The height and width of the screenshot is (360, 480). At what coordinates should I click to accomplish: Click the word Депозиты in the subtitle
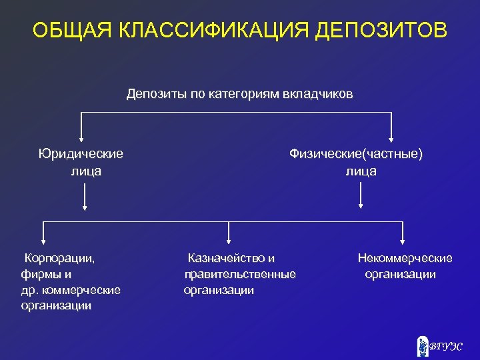(x=157, y=94)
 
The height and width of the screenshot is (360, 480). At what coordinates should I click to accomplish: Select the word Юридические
(x=81, y=154)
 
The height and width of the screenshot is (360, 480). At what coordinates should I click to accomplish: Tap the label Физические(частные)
(x=356, y=154)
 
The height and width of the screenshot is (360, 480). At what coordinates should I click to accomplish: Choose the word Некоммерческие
(x=405, y=258)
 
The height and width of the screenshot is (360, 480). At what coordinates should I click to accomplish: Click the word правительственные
(x=240, y=274)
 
